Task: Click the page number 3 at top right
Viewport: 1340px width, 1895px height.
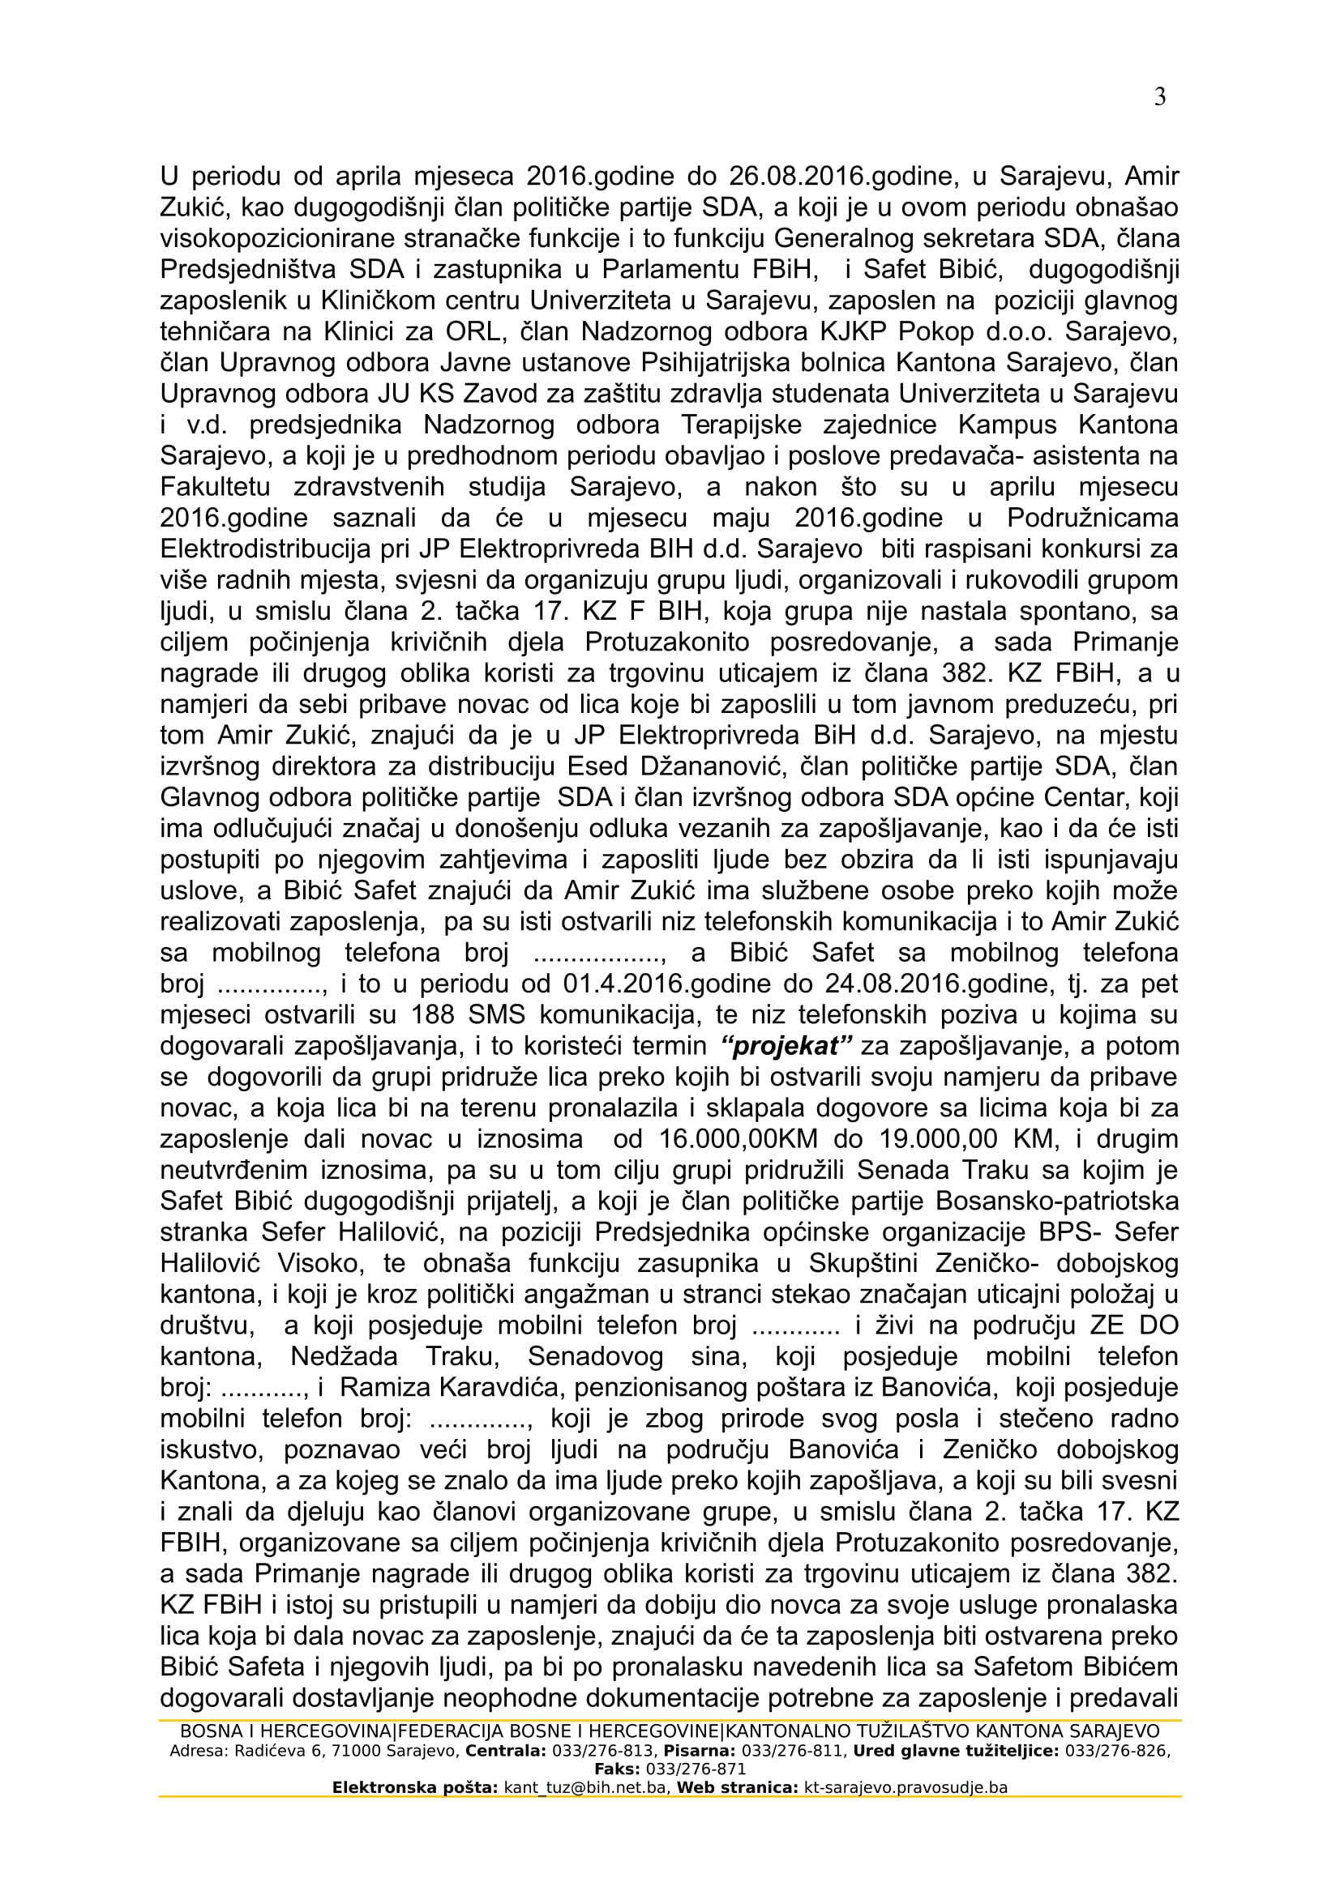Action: click(x=1159, y=97)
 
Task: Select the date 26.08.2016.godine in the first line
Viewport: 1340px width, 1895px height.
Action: click(x=840, y=176)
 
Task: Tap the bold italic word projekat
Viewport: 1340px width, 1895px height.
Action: click(x=786, y=1046)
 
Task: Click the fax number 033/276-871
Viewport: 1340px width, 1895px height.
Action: click(x=696, y=1769)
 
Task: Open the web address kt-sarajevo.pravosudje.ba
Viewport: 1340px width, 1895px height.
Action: click(x=905, y=1788)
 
